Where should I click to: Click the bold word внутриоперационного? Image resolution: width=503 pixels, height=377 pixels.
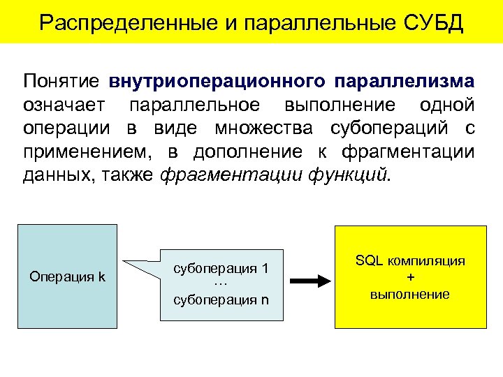[x=217, y=82]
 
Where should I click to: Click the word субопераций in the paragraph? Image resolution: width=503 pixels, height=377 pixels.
[x=386, y=128]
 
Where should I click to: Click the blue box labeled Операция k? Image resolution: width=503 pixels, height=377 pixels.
[x=67, y=276]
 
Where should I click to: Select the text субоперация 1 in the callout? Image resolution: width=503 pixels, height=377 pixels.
[x=221, y=269]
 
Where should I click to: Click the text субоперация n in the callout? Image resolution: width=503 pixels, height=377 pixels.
[x=221, y=300]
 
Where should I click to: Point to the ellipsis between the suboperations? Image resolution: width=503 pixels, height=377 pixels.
[x=221, y=284]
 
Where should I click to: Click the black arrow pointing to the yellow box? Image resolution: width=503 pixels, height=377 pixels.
[x=309, y=281]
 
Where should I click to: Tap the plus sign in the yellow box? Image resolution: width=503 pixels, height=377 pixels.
[x=410, y=277]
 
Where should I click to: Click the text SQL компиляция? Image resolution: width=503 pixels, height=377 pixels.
[x=410, y=261]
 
